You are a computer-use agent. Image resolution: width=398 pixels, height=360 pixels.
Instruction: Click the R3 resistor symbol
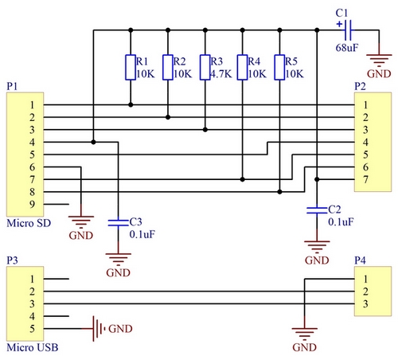[x=205, y=68]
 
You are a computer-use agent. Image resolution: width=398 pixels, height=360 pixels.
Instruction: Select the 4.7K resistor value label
[x=221, y=74]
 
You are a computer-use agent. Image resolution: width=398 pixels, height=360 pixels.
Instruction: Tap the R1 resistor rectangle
[x=131, y=68]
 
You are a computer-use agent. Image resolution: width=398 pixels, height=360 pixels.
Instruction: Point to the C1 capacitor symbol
[x=348, y=30]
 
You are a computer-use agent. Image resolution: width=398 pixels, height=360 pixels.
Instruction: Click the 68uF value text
[x=347, y=48]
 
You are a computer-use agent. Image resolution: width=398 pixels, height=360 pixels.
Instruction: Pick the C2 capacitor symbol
[x=317, y=210]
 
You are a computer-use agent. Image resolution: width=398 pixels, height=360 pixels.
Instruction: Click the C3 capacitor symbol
[x=118, y=223]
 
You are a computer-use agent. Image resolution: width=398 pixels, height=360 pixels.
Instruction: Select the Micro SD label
[x=29, y=223]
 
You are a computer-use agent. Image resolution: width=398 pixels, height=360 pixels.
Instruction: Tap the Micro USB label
[x=33, y=347]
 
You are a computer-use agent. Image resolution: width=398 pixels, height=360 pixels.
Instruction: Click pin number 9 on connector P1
[x=32, y=205]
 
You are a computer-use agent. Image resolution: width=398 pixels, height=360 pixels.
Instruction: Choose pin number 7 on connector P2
[x=365, y=180]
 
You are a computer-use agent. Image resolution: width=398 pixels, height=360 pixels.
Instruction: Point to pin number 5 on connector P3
[x=32, y=329]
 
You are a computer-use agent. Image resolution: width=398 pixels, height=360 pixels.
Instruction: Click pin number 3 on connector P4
[x=365, y=304]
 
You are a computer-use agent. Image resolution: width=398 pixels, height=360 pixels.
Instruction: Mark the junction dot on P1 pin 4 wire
[x=93, y=143]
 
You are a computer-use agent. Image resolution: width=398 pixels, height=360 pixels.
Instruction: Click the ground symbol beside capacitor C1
[x=379, y=61]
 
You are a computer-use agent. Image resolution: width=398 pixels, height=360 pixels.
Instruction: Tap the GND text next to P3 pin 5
[x=120, y=329]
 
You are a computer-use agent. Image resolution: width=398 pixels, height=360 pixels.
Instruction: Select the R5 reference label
[x=291, y=61]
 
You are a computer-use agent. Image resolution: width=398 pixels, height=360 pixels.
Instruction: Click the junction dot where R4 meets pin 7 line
[x=242, y=180]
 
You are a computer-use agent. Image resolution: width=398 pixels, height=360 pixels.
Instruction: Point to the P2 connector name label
[x=360, y=86]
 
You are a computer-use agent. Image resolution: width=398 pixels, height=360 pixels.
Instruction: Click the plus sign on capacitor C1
[x=339, y=24]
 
